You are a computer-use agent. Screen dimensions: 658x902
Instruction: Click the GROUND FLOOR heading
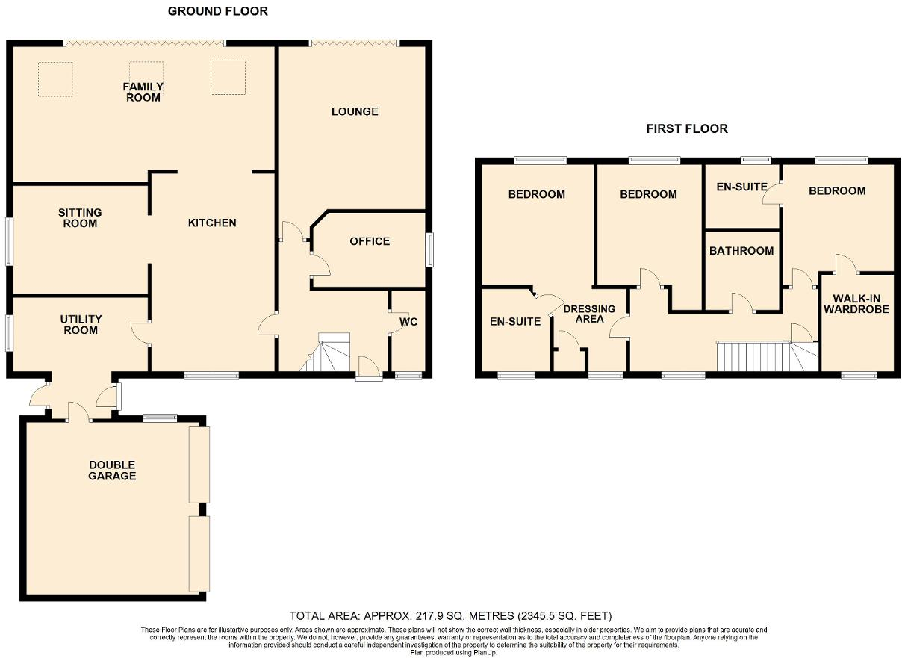[218, 11]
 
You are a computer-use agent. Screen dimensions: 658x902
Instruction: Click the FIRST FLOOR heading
[686, 128]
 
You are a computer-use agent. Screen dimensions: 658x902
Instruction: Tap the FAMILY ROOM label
[143, 92]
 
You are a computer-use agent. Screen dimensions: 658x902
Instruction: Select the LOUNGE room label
[355, 111]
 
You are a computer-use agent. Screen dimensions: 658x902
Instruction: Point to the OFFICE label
[370, 241]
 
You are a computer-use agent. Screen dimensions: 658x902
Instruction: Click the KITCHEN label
[212, 223]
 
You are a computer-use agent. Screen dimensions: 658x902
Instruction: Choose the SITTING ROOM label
[80, 218]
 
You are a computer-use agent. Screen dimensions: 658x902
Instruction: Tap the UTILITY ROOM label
[81, 325]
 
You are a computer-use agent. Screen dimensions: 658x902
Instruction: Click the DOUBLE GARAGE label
[112, 470]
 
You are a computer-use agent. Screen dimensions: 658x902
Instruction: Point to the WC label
[408, 322]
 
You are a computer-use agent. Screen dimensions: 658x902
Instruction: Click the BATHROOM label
[741, 251]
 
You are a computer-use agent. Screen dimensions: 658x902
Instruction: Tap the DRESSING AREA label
[589, 314]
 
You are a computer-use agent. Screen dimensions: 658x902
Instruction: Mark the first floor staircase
[762, 357]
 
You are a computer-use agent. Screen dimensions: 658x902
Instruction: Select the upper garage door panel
[199, 464]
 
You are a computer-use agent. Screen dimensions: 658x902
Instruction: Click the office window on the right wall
[429, 249]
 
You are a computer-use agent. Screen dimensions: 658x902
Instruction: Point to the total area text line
[451, 616]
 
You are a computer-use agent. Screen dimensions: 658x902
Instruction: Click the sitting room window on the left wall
[9, 240]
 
